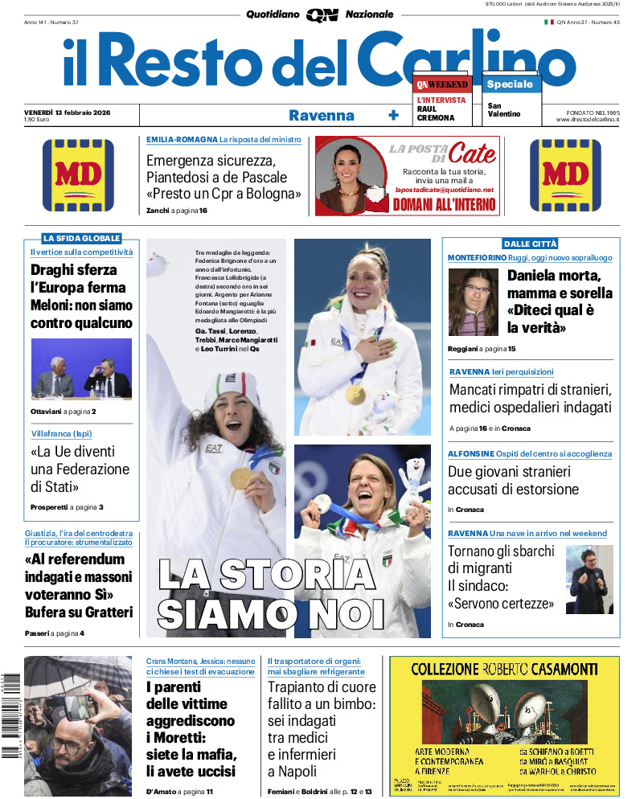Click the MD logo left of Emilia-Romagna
78,176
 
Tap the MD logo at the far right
565,176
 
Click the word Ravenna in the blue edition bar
322,115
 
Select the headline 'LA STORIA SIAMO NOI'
271,594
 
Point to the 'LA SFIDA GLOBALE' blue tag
81,238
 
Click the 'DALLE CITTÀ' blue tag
530,244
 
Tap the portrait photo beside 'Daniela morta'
473,301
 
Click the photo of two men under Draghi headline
80,367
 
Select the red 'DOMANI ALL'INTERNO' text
444,204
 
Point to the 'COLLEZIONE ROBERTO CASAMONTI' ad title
504,668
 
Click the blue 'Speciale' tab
510,84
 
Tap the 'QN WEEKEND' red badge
443,84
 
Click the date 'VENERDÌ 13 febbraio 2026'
68,112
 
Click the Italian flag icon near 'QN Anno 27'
549,22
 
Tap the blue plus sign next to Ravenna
393,115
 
